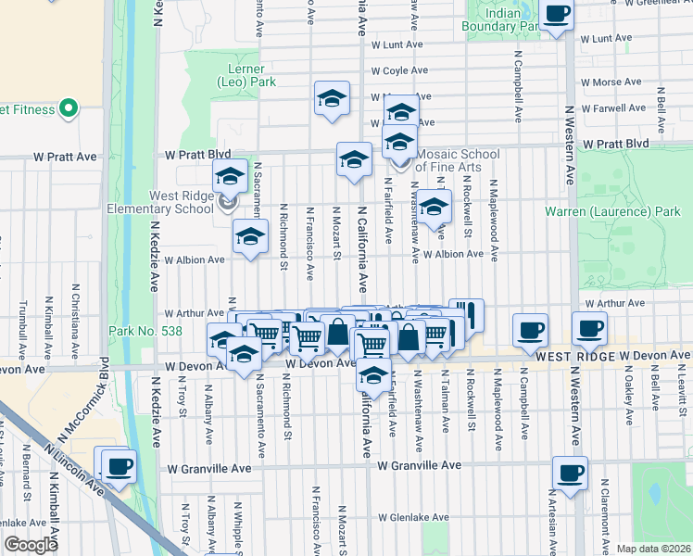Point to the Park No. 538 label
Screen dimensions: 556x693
[145, 331]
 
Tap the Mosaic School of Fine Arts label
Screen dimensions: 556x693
[458, 160]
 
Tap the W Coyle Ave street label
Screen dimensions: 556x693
[399, 70]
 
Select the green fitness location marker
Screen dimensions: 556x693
[68, 110]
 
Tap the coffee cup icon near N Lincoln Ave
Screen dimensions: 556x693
[117, 466]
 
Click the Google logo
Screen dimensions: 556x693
[31, 545]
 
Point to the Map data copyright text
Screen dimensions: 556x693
[654, 549]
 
